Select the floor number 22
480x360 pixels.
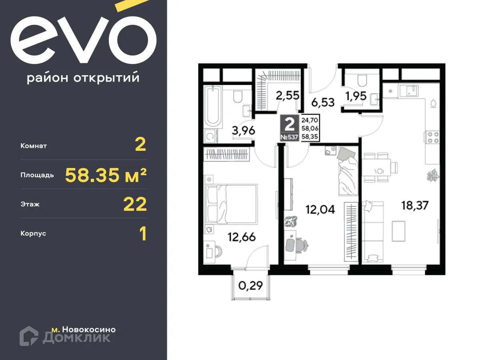135,204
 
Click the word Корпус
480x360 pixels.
33,234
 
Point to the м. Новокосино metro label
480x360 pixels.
84,330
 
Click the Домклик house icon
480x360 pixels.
29,336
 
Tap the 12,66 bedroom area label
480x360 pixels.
241,237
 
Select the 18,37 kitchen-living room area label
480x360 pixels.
415,206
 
